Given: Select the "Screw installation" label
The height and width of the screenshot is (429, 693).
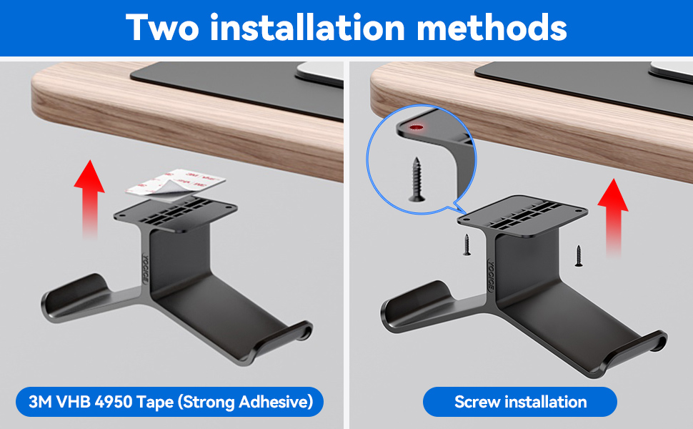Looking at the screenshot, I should (x=520, y=402).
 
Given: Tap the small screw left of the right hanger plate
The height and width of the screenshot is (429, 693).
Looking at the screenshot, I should (x=466, y=245).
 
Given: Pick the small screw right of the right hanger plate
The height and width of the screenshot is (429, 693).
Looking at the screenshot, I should (x=579, y=255).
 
